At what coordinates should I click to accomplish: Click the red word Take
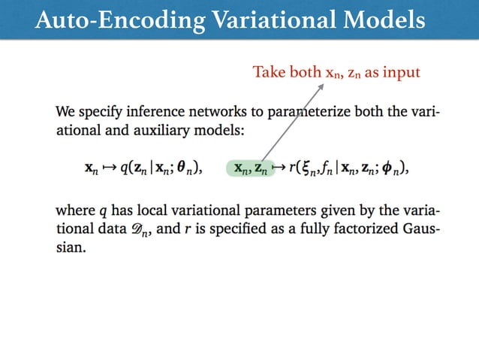(x=268, y=72)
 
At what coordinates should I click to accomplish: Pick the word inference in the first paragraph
(x=150, y=113)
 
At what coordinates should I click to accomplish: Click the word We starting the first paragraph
(x=65, y=113)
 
